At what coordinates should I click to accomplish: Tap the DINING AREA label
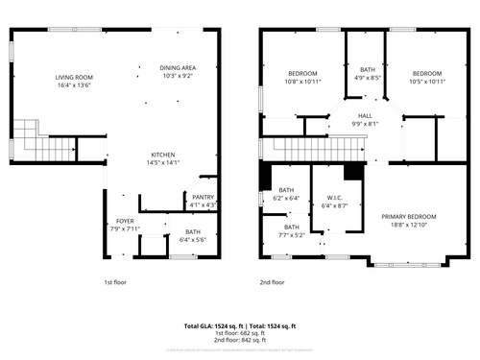point(178,68)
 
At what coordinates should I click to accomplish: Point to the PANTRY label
point(203,197)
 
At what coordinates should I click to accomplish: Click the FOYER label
point(125,221)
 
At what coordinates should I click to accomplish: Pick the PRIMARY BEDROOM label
point(408,217)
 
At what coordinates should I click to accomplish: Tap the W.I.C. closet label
point(334,198)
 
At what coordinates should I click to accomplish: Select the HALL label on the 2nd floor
point(365,115)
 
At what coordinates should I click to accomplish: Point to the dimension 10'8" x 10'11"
point(302,82)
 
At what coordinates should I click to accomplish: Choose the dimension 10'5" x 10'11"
point(427,82)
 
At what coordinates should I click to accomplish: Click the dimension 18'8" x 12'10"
point(408,225)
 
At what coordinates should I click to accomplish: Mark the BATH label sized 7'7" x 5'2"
point(285,227)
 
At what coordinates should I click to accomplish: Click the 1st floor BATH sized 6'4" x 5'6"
point(192,231)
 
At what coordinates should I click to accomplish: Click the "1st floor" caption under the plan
point(114,282)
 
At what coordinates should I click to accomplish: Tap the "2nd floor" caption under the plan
point(272,282)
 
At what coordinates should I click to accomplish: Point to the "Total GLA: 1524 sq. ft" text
point(212,326)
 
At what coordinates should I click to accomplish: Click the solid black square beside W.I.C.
point(353,171)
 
